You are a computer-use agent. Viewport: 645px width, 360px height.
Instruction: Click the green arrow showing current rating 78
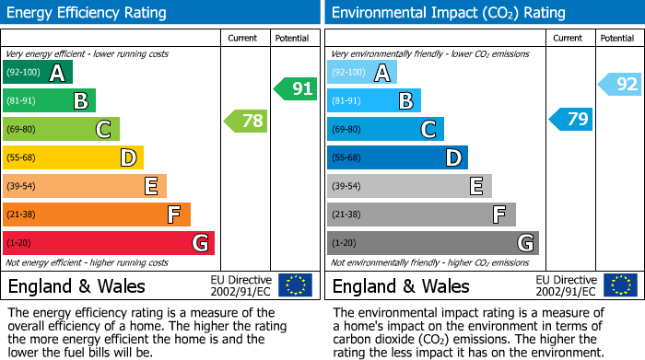point(245,121)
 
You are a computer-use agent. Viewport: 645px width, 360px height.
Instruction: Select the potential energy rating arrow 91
point(295,89)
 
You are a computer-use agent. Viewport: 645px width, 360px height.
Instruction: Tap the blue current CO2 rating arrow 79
point(570,120)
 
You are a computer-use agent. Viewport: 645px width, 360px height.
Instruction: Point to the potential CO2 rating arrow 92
point(620,85)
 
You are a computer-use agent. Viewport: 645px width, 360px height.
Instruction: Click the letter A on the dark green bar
point(57,73)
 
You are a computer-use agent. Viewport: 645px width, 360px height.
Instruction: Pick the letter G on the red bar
point(199,243)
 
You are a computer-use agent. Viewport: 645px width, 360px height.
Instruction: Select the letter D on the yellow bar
point(128,158)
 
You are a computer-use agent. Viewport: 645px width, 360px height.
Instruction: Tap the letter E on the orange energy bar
point(151,187)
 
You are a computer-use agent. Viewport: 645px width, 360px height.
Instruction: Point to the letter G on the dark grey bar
point(524,243)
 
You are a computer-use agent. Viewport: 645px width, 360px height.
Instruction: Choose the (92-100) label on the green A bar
point(23,73)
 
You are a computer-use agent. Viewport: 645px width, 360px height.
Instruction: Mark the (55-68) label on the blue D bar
point(347,158)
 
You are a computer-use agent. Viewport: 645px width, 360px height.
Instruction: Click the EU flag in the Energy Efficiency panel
point(295,285)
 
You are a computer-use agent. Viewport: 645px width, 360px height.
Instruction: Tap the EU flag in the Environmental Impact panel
point(620,285)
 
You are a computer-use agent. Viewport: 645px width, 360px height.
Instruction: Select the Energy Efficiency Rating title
point(88,13)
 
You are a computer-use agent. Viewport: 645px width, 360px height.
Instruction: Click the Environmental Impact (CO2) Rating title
point(448,13)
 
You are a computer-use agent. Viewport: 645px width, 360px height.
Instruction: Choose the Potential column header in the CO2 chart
point(617,39)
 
